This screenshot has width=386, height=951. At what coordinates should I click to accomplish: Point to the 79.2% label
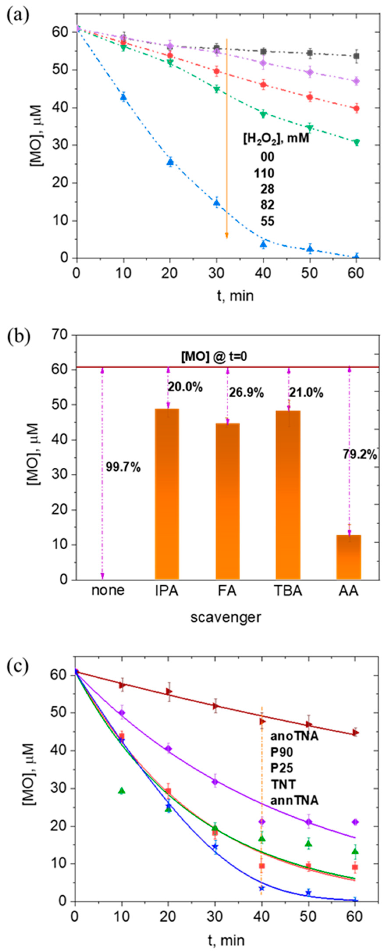(360, 455)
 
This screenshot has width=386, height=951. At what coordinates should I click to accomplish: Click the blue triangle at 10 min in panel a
(123, 97)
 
